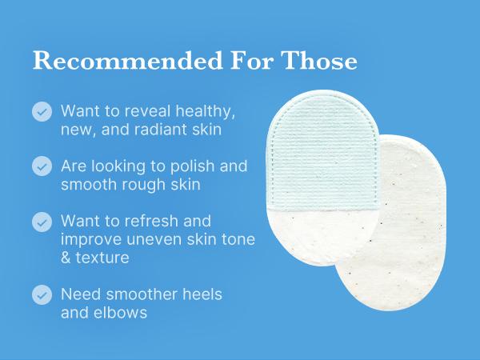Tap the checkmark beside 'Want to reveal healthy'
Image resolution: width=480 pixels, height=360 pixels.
[42, 111]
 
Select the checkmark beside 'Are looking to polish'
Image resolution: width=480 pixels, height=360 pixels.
[42, 166]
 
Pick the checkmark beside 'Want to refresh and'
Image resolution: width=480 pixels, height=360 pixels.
[42, 222]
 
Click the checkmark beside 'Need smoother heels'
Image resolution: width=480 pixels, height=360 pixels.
[42, 295]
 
